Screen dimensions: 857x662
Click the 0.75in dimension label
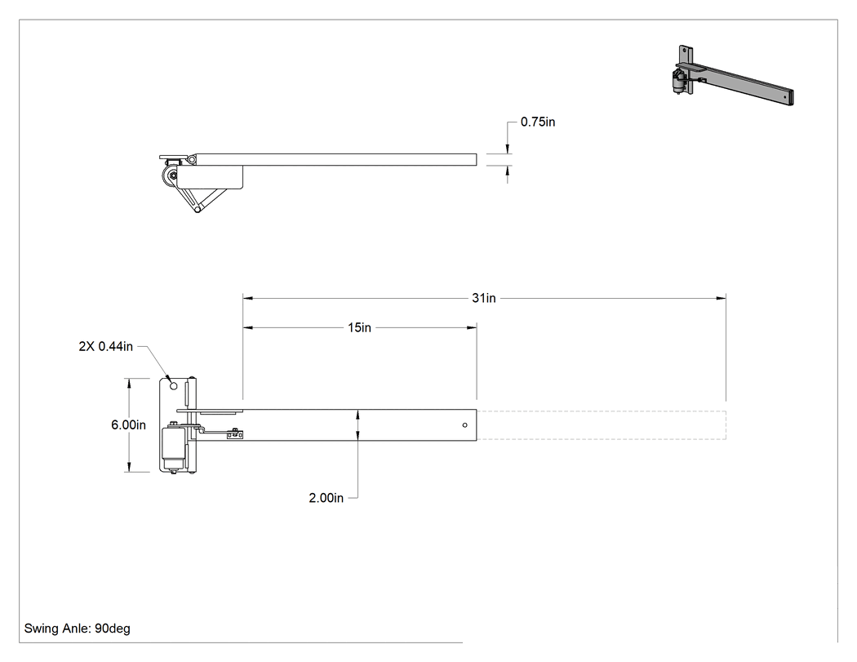[x=538, y=122]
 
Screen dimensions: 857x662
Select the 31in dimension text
[x=484, y=298]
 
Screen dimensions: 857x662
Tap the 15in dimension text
[x=360, y=327]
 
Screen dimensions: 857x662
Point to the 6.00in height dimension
[x=128, y=424]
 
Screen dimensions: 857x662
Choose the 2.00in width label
[x=326, y=498]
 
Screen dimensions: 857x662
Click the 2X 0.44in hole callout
[x=106, y=346]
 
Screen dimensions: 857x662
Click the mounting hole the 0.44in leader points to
[x=174, y=386]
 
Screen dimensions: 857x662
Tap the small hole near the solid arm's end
[x=465, y=424]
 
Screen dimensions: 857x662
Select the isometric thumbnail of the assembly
[x=733, y=75]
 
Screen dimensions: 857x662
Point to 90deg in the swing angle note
[x=113, y=629]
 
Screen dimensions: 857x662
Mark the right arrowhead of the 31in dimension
[x=722, y=298]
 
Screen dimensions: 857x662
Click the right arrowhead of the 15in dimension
[x=472, y=327]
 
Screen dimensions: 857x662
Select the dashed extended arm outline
[x=602, y=424]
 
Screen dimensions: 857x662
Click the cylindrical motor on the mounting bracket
[x=174, y=447]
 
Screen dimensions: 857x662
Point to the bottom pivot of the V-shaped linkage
[x=198, y=209]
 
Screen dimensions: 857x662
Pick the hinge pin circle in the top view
[x=191, y=158]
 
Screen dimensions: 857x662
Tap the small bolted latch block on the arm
[x=235, y=434]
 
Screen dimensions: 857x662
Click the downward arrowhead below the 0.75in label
[x=507, y=149]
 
